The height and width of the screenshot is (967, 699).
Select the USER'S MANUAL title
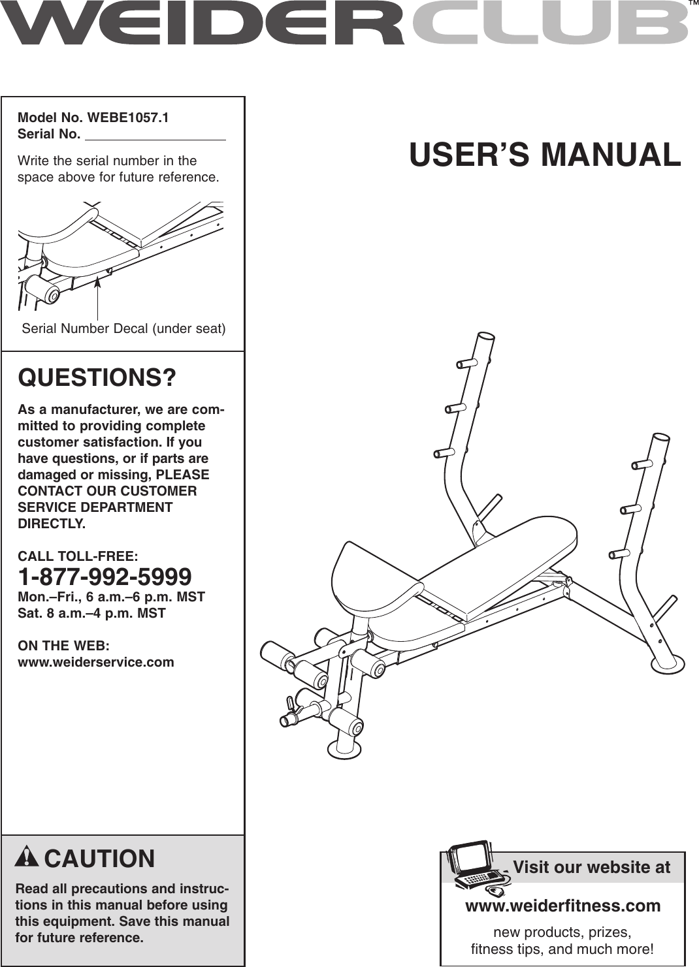(x=545, y=155)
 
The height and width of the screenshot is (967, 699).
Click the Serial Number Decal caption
(x=123, y=328)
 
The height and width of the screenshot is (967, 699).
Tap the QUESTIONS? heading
(x=97, y=378)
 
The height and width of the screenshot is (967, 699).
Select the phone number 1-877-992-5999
(x=105, y=577)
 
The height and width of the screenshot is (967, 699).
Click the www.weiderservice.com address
(x=96, y=662)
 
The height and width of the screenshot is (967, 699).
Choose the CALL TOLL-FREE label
(x=78, y=556)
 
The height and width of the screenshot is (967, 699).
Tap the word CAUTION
(x=99, y=859)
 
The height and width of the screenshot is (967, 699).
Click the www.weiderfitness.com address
(x=562, y=906)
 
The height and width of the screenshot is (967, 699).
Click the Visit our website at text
(x=591, y=867)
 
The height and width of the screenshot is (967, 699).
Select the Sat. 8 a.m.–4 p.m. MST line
(x=91, y=613)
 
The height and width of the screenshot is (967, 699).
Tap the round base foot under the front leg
(x=344, y=748)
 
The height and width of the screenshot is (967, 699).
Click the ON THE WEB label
(x=63, y=646)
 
